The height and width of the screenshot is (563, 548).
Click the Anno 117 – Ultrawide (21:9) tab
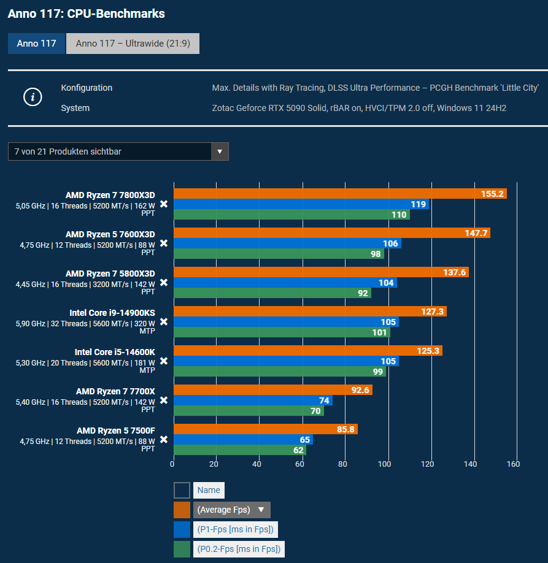[133, 44]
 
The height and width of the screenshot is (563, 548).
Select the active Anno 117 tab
[36, 44]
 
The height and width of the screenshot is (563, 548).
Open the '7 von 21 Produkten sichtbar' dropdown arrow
[220, 151]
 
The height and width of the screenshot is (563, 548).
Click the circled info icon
[33, 97]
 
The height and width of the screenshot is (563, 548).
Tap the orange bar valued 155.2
[340, 194]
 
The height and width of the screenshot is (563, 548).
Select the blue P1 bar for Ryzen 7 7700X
[253, 400]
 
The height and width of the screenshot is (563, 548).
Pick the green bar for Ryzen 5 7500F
[239, 450]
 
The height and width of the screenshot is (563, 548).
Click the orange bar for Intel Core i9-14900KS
[310, 312]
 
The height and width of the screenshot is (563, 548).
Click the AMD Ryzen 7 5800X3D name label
[110, 274]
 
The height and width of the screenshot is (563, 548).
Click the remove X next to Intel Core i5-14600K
[164, 361]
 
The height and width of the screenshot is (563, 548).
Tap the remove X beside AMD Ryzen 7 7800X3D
[164, 204]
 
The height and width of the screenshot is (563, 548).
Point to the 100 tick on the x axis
[385, 464]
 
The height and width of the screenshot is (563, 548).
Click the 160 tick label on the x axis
[513, 464]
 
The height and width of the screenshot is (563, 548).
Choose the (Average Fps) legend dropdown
[231, 510]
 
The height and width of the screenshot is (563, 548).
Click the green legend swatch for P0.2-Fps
[182, 549]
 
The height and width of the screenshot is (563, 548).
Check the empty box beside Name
[182, 490]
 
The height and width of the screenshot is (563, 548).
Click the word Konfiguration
[87, 88]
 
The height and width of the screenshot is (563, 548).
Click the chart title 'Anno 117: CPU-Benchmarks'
[86, 13]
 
